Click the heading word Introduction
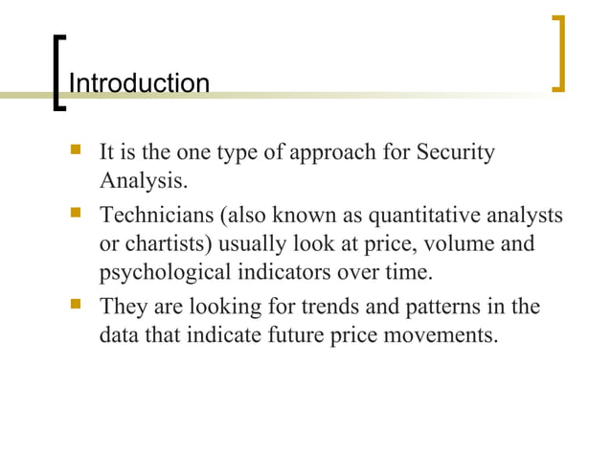(140, 83)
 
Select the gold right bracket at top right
(560, 54)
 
